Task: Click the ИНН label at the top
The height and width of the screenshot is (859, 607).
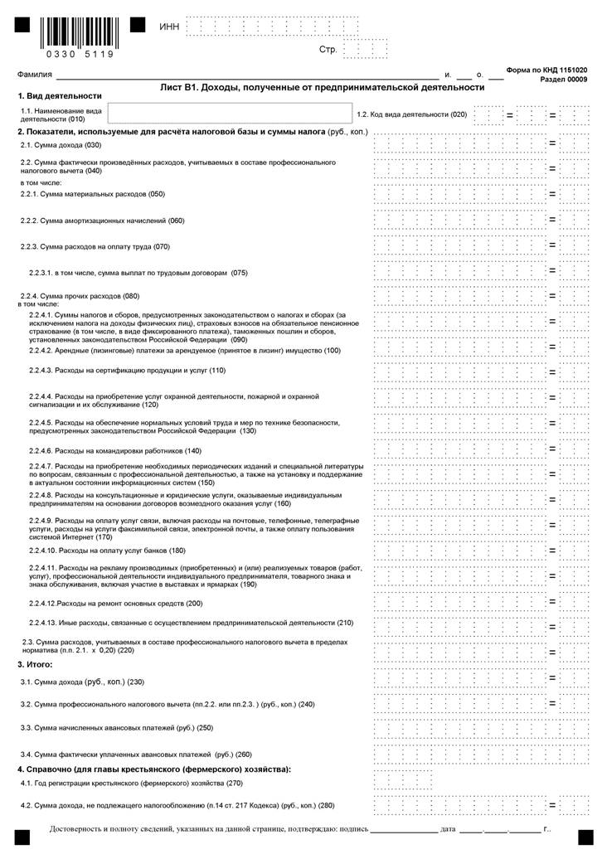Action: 168,27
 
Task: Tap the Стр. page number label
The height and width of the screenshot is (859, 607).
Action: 328,50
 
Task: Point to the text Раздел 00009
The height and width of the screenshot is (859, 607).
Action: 563,80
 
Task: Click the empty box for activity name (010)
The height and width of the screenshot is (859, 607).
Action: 229,114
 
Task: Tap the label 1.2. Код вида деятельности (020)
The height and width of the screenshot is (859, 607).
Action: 411,114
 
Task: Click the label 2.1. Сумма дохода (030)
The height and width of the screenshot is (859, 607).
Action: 66,144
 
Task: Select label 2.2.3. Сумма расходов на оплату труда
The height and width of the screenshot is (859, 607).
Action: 95,246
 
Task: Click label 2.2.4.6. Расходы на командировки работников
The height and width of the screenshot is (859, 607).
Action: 115,450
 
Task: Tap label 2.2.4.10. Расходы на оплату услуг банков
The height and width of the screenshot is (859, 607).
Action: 108,551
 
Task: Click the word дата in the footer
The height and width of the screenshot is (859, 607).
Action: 448,829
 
